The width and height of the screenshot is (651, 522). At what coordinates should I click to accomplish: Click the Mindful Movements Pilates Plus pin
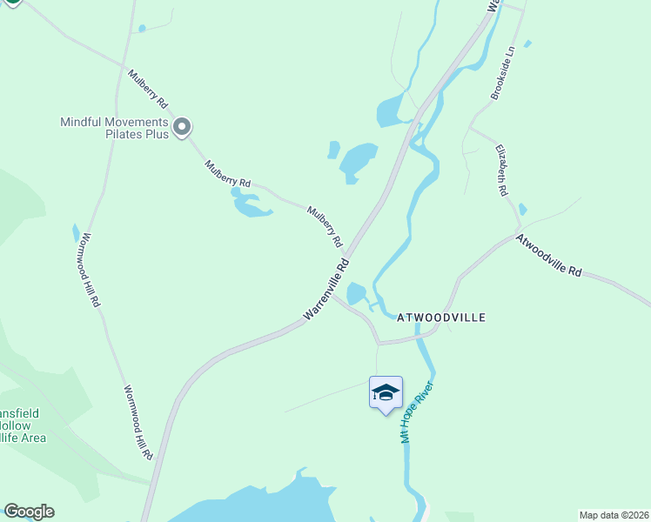182,127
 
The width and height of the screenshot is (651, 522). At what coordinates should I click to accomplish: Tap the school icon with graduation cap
386,393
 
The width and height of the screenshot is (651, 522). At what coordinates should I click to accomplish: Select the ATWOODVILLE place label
440,318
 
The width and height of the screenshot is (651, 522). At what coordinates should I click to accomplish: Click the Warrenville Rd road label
326,289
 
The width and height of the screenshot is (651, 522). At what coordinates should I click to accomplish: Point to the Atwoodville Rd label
548,255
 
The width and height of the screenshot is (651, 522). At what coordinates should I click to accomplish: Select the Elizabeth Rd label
502,169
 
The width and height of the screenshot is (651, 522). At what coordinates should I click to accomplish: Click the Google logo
29,511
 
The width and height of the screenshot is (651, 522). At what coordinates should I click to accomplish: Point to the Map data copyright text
613,515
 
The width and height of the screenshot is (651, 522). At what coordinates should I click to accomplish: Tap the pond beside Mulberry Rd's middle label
250,206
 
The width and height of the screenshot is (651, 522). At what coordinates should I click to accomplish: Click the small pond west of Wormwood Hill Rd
76,232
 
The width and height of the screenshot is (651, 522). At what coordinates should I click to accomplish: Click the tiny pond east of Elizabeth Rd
522,209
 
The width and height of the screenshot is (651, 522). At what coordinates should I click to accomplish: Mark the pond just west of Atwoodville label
356,294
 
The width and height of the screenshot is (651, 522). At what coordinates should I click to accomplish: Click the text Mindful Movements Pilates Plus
113,128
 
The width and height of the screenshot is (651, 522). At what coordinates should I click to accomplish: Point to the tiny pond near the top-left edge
143,28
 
